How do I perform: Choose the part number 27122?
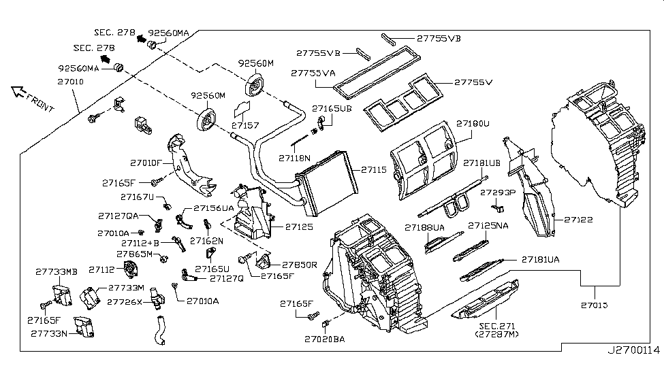[578, 220]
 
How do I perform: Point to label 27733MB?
[57, 271]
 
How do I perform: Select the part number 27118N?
[294, 158]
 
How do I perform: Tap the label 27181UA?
[541, 259]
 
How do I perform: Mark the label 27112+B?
[140, 242]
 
